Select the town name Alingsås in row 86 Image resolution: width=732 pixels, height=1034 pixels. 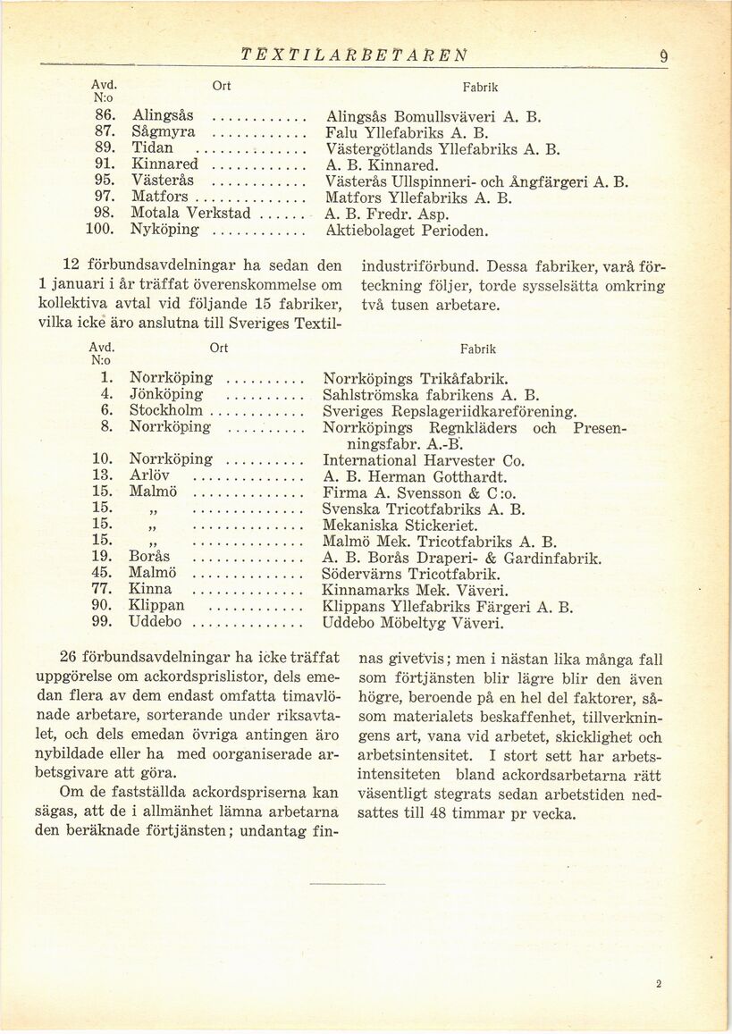click(x=164, y=116)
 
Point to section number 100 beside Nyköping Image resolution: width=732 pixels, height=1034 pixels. click(x=104, y=230)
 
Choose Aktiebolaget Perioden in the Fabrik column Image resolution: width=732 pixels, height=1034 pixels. click(x=407, y=230)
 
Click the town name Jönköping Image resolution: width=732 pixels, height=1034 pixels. click(x=165, y=394)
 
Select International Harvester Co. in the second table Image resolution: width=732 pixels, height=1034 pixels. click(x=423, y=460)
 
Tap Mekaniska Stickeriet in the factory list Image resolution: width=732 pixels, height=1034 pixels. click(x=400, y=525)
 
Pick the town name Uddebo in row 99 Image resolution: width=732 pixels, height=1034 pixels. click(x=156, y=622)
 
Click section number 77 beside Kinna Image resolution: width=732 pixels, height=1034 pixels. click(x=101, y=590)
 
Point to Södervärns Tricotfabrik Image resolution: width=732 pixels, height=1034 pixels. click(x=410, y=574)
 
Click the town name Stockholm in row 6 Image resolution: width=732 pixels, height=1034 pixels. click(x=166, y=410)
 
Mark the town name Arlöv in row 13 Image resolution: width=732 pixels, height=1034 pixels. click(x=149, y=476)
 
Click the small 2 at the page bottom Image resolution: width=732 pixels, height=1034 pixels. click(x=658, y=984)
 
